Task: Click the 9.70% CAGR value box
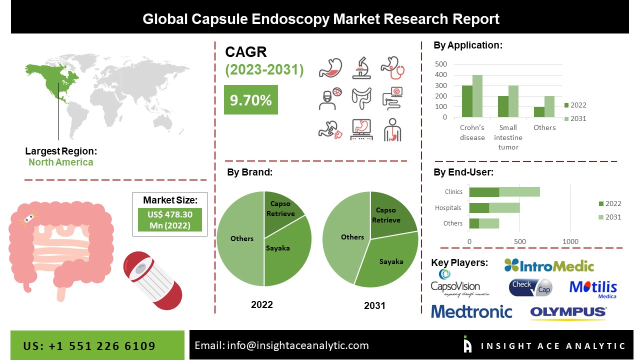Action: pyautogui.click(x=250, y=100)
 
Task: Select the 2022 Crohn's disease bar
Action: pyautogui.click(x=466, y=101)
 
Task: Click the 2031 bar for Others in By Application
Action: pyautogui.click(x=549, y=106)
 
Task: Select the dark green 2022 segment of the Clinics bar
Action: pyautogui.click(x=484, y=192)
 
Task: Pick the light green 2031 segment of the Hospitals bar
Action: pyautogui.click(x=504, y=208)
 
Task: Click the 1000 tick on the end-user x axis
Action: pyautogui.click(x=570, y=242)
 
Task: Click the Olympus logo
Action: pyautogui.click(x=568, y=312)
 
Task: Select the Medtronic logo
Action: pyautogui.click(x=471, y=312)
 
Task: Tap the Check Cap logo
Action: pyautogui.click(x=530, y=287)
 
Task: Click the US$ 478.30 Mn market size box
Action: pyautogui.click(x=170, y=220)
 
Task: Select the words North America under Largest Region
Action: pyautogui.click(x=60, y=162)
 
